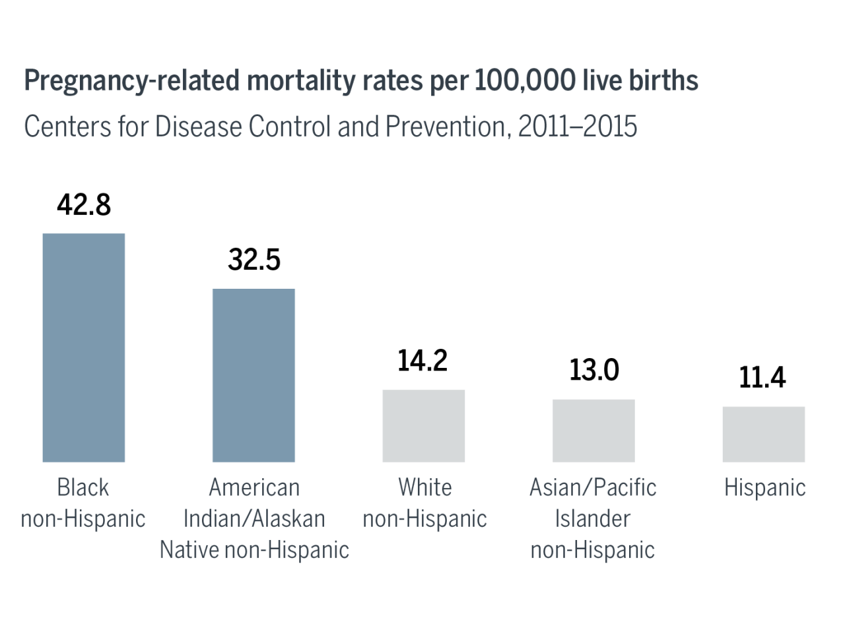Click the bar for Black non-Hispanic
point(84,347)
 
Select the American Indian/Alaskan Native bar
point(253,375)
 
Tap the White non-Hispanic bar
point(424,425)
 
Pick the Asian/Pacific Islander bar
point(593,430)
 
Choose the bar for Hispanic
point(763,434)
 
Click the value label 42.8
point(84,205)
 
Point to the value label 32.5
point(254,260)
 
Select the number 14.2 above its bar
point(422,361)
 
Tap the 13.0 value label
point(594,370)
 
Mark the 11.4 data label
point(762,377)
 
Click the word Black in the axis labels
point(83,487)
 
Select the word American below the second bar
point(254,487)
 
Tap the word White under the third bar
point(425,487)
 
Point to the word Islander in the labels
point(592,519)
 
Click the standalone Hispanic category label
point(764,488)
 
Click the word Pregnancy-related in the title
point(132,81)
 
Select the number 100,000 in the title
point(525,80)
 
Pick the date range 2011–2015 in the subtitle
point(578,126)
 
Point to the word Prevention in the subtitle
point(446,126)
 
